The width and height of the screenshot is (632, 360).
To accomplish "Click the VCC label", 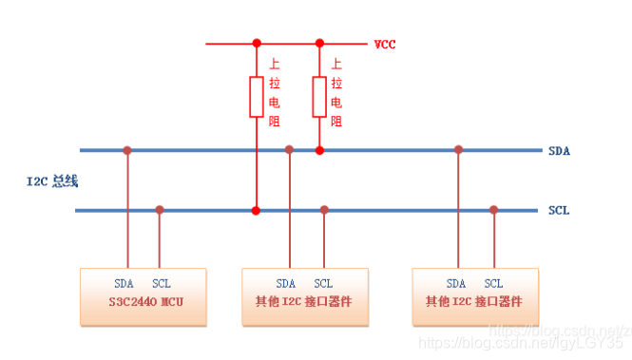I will pyautogui.click(x=385, y=44).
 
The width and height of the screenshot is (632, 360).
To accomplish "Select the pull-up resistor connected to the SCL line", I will pyautogui.click(x=256, y=97).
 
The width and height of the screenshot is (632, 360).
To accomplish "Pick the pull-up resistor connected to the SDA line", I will pyautogui.click(x=319, y=97).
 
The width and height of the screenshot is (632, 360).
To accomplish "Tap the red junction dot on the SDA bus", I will pyautogui.click(x=319, y=150).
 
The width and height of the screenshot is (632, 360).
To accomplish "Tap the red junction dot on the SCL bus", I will pyautogui.click(x=256, y=209).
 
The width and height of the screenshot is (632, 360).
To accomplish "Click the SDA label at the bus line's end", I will pyautogui.click(x=559, y=151).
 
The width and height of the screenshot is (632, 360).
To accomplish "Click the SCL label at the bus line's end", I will pyautogui.click(x=559, y=210).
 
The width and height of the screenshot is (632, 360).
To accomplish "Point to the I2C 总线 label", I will pyautogui.click(x=51, y=180).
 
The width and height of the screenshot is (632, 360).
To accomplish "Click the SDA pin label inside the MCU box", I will pyautogui.click(x=124, y=283).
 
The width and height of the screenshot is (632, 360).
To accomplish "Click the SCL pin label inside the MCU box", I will pyautogui.click(x=162, y=283).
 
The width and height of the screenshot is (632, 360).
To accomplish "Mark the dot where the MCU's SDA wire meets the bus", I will pyautogui.click(x=126, y=150).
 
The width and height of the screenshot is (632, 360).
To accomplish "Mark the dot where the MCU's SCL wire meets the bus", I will pyautogui.click(x=160, y=209).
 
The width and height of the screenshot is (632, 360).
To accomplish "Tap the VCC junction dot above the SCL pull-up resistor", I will pyautogui.click(x=256, y=43).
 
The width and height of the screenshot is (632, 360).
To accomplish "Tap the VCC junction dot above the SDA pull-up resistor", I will pyautogui.click(x=319, y=43).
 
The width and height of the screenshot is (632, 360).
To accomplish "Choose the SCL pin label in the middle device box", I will pyautogui.click(x=323, y=283).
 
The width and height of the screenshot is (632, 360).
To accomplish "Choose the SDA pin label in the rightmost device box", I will pyautogui.click(x=456, y=283).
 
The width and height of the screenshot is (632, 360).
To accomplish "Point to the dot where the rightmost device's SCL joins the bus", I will pyautogui.click(x=493, y=209).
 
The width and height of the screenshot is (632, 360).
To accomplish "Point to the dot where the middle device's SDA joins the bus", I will pyautogui.click(x=289, y=150).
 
